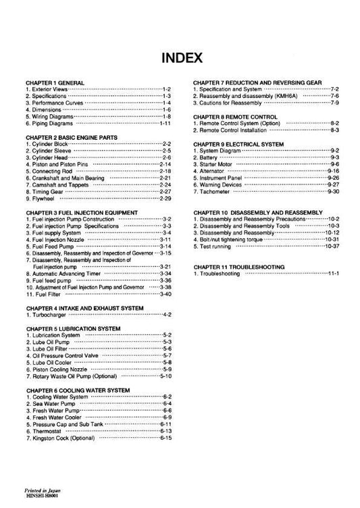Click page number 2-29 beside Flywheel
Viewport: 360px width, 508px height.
point(165,199)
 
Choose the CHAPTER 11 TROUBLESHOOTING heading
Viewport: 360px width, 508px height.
point(238,267)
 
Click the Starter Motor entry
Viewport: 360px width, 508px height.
point(217,165)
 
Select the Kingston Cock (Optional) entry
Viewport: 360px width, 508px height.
point(61,438)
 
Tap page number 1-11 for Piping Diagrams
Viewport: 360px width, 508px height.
point(165,124)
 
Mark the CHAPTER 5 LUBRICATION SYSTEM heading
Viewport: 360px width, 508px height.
point(73,328)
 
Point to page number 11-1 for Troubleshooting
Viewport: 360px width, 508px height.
point(332,274)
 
